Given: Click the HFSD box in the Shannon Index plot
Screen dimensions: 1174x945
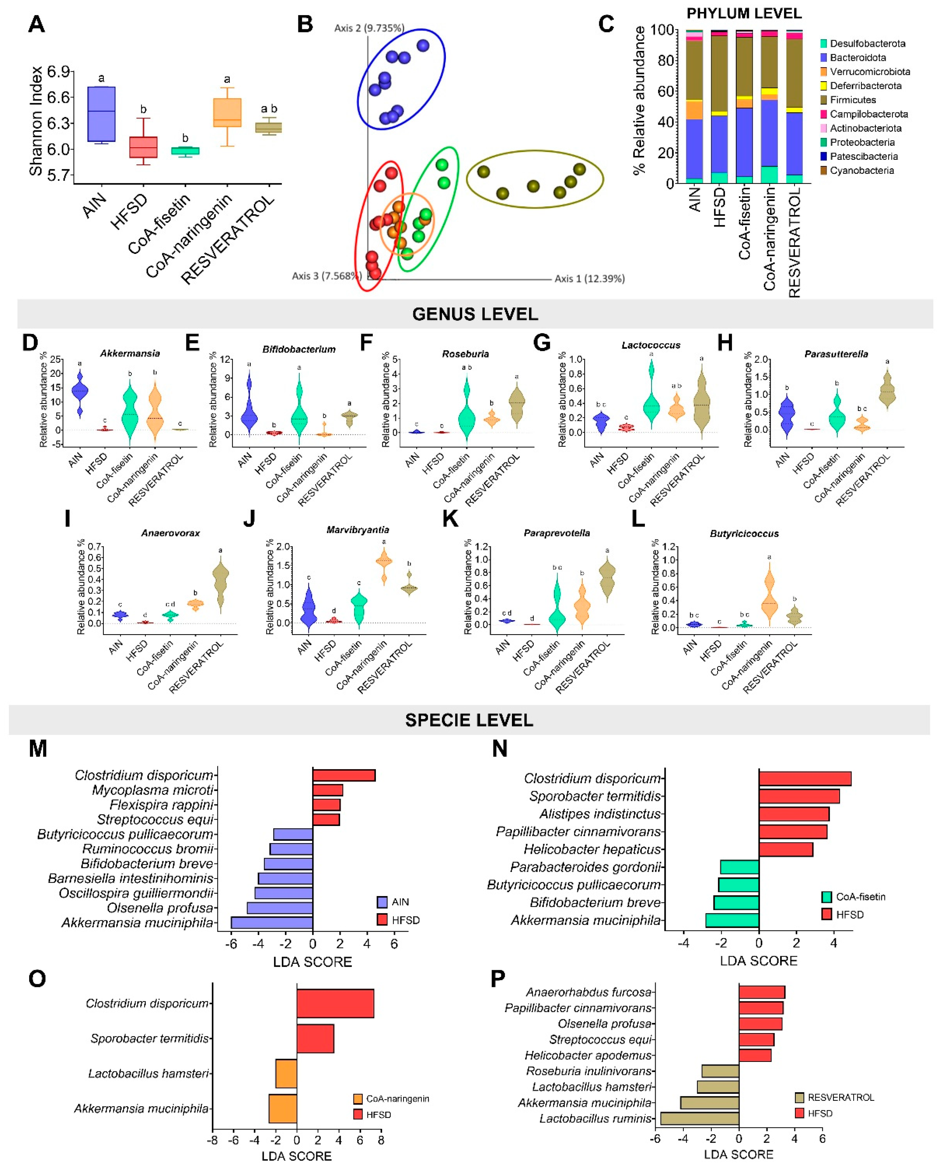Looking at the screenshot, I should pyautogui.click(x=143, y=147).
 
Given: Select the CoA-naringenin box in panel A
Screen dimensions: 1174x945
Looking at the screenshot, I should pyautogui.click(x=227, y=113).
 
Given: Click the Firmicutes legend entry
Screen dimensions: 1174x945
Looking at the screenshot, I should pyautogui.click(x=852, y=100).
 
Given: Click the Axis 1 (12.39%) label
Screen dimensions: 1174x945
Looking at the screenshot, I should pyautogui.click(x=589, y=279).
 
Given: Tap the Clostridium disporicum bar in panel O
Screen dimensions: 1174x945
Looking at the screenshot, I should pyautogui.click(x=335, y=1003).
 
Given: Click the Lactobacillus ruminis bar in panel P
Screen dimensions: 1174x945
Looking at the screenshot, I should pyautogui.click(x=699, y=1119).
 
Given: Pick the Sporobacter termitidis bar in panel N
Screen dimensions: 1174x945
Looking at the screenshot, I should pyautogui.click(x=799, y=796).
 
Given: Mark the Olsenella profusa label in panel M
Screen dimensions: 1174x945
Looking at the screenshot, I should pyautogui.click(x=160, y=908).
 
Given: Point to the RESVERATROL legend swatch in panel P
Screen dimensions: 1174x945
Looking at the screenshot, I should pyautogui.click(x=799, y=1097).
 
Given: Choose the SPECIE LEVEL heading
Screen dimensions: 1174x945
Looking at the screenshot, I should pyautogui.click(x=469, y=721).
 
